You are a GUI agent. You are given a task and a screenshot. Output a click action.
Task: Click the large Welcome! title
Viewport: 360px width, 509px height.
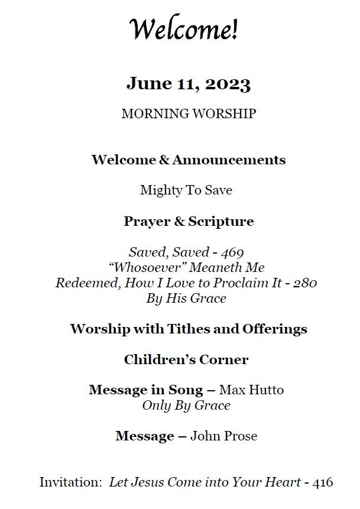tap(184, 29)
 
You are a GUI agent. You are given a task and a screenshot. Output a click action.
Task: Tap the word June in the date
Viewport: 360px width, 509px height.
tap(142, 84)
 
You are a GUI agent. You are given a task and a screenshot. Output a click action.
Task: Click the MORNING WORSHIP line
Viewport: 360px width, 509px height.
tap(189, 114)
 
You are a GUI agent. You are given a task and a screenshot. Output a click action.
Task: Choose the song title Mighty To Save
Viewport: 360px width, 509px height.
tap(186, 190)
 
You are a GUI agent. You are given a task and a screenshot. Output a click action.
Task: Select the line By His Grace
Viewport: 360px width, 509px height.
tap(186, 298)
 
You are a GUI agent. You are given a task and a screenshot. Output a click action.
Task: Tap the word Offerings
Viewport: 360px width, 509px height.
tap(275, 329)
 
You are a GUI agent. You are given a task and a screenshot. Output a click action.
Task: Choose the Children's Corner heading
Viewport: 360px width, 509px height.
tap(186, 359)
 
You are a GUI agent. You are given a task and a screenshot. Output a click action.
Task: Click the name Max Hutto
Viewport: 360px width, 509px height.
tap(251, 390)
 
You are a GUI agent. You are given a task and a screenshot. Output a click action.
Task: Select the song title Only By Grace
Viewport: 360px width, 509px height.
tap(186, 406)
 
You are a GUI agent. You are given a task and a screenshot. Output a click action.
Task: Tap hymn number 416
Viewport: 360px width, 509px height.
tap(323, 482)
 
